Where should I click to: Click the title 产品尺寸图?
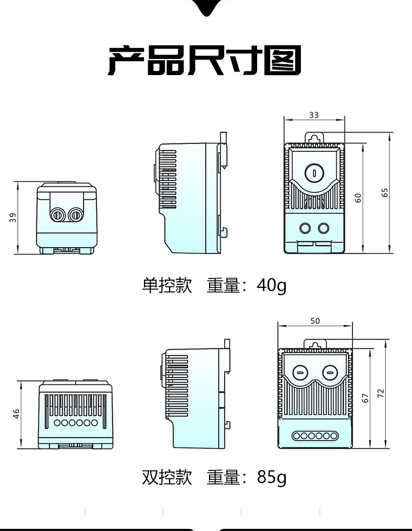[x=205, y=61]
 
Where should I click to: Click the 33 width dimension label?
[x=313, y=115]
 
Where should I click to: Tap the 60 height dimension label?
[x=358, y=198]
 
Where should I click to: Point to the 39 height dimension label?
[x=13, y=218]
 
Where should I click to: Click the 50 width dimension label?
[x=315, y=321]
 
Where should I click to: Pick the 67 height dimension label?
[x=365, y=397]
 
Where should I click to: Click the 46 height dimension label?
[x=16, y=414]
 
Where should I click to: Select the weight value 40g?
[x=271, y=286]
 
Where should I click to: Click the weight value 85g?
[x=271, y=477]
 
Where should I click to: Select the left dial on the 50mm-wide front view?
[x=300, y=372]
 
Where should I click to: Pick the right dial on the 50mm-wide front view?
[x=329, y=372]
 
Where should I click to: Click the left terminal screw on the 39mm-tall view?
[x=56, y=214]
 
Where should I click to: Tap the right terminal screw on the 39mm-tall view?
[x=76, y=214]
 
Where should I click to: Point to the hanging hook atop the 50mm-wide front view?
[x=315, y=345]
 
